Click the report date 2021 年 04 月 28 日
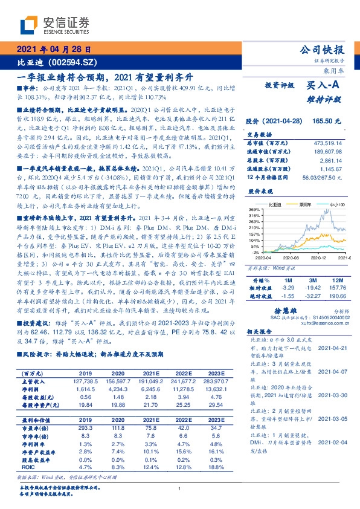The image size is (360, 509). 54,50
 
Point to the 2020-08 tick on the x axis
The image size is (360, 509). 283,257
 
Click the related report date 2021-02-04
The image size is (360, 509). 330,443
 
